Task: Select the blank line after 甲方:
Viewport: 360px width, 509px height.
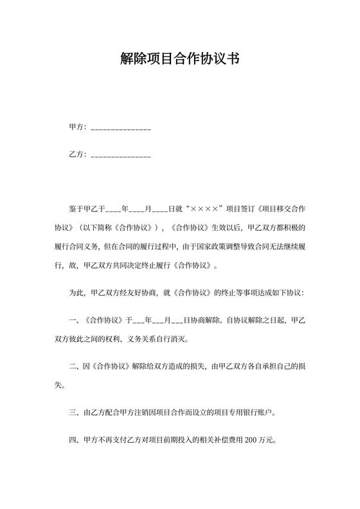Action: pos(122,129)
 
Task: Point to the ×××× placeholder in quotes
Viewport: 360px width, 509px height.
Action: pos(205,209)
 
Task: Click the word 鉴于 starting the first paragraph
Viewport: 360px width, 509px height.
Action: pos(76,209)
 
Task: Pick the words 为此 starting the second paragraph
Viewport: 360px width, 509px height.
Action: pos(76,292)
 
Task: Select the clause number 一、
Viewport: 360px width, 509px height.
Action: pos(73,320)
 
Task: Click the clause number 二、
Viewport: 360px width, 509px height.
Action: pos(73,366)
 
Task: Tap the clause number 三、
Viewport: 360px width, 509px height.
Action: pos(73,413)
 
